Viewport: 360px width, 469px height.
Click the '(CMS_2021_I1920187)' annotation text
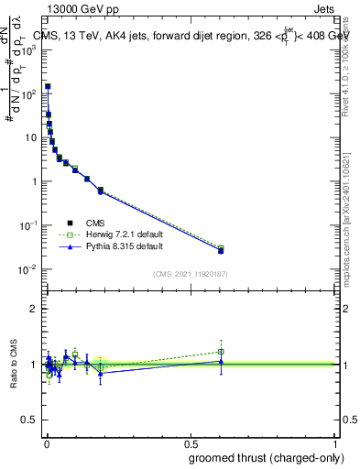(x=191, y=274)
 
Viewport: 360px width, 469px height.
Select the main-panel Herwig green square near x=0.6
(x=221, y=248)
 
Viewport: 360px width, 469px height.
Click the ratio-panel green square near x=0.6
(x=221, y=352)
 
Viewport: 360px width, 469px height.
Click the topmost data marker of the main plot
(x=48, y=86)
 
